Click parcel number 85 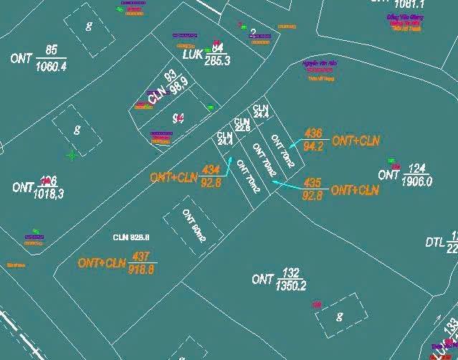51,49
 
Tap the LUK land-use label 193,55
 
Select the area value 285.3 217,61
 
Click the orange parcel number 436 313,133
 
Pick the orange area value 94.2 313,146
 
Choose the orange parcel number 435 313,182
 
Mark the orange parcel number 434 211,170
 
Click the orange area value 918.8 141,270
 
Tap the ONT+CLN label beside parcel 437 102,263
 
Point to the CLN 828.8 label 130,237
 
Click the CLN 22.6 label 242,125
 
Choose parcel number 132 290,273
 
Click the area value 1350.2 290,285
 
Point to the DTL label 434,243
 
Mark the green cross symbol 72,155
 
